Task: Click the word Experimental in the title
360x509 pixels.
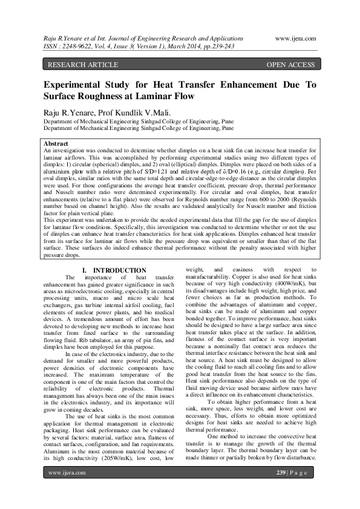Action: [77, 85]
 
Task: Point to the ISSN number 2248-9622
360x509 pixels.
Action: [75, 45]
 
